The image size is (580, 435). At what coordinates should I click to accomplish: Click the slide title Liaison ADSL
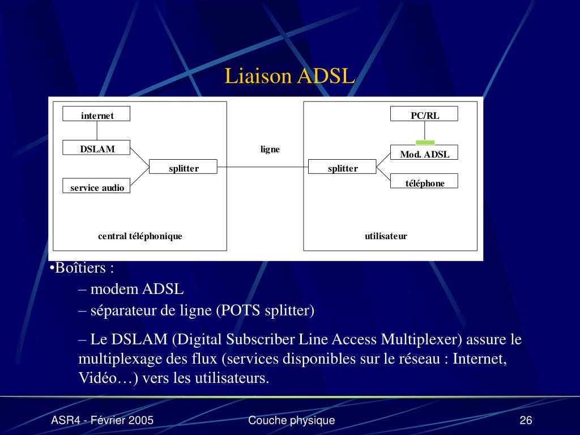click(289, 76)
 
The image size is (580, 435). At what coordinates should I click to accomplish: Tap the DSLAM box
click(97, 148)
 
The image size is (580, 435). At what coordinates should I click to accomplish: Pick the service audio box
click(97, 186)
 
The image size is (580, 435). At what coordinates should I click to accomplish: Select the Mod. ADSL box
click(424, 153)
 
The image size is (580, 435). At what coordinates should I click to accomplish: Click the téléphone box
click(424, 182)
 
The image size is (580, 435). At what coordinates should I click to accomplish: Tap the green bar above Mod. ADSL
click(425, 142)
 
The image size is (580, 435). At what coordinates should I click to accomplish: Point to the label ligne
click(270, 150)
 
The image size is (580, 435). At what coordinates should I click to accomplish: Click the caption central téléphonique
click(140, 236)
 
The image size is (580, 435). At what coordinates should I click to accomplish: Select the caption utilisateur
click(386, 236)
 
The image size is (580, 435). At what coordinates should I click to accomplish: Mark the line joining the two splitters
click(263, 167)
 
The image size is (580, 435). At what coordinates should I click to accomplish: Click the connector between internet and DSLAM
click(97, 130)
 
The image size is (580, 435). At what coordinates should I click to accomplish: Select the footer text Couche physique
click(291, 420)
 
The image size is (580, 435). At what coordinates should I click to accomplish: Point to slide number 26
click(526, 420)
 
